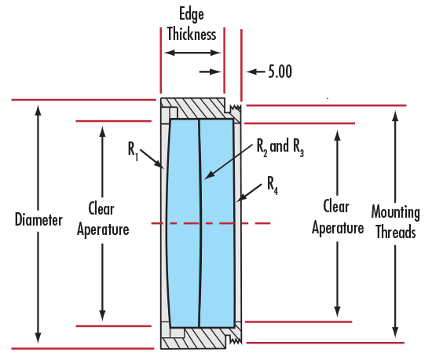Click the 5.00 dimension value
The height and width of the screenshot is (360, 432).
(x=280, y=72)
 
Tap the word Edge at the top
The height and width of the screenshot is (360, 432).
(x=192, y=14)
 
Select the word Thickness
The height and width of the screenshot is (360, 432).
(x=192, y=34)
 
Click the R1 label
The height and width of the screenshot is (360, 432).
(x=133, y=151)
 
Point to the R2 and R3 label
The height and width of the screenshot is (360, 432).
(x=280, y=148)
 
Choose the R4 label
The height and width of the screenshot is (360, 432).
(x=273, y=186)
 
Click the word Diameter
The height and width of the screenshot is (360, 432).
(x=38, y=219)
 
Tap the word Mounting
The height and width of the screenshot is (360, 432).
(x=396, y=212)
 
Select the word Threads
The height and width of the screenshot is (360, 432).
(x=396, y=232)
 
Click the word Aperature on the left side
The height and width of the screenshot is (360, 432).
(x=103, y=230)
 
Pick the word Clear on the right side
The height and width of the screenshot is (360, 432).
(x=336, y=207)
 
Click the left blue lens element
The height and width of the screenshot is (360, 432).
(x=182, y=223)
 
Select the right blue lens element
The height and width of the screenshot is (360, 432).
(x=217, y=223)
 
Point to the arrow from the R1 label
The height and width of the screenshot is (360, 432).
(x=152, y=159)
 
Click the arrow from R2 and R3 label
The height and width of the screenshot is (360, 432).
(x=229, y=161)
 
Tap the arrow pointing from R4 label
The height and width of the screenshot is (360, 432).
(x=249, y=193)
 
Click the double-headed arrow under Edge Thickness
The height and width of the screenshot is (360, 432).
(x=192, y=53)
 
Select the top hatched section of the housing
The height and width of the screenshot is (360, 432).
(x=197, y=108)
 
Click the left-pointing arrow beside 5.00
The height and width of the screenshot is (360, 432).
(x=256, y=72)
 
